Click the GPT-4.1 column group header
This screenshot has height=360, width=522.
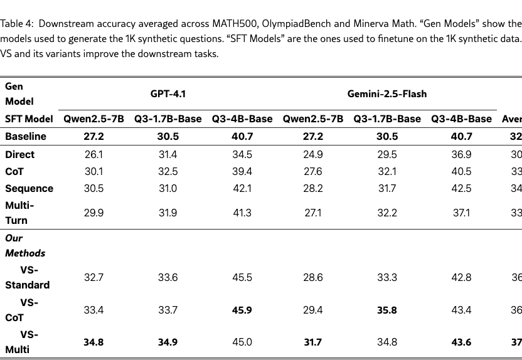click(x=168, y=94)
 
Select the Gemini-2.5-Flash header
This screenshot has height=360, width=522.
click(x=387, y=94)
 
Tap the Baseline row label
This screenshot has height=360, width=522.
click(x=26, y=136)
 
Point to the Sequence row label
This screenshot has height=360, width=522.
click(x=29, y=188)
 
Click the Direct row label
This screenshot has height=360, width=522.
click(x=20, y=154)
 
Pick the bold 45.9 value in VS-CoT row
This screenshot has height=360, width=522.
click(x=242, y=310)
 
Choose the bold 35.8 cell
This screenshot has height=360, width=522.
click(x=387, y=310)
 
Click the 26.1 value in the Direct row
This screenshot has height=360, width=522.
click(x=93, y=154)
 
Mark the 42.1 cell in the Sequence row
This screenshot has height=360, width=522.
click(x=242, y=188)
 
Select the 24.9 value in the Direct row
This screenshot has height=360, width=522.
click(x=313, y=154)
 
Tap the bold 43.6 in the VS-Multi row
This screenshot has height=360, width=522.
click(x=461, y=342)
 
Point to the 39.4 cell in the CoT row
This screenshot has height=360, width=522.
click(x=242, y=171)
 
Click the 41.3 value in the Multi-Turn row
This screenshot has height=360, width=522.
click(x=242, y=213)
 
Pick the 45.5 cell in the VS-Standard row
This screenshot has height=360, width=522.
click(x=242, y=277)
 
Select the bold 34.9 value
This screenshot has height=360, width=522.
click(x=168, y=342)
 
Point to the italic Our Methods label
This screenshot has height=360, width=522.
click(x=25, y=246)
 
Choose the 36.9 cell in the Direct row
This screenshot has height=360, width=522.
click(x=461, y=154)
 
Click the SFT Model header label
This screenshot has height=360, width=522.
click(x=29, y=119)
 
